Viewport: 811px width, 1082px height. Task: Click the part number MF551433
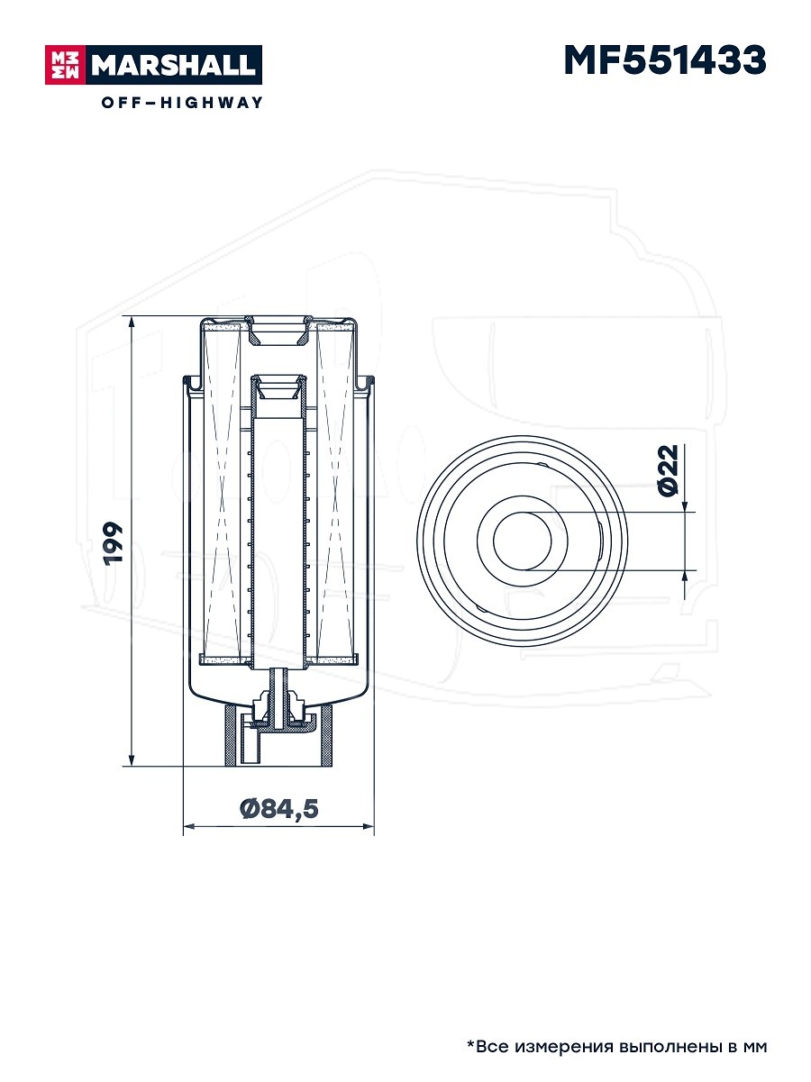[x=665, y=59]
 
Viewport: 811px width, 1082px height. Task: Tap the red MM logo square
[x=66, y=65]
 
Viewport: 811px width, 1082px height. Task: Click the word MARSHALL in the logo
[x=174, y=65]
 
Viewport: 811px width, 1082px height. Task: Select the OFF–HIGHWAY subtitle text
[x=182, y=102]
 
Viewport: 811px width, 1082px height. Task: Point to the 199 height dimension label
[x=113, y=543]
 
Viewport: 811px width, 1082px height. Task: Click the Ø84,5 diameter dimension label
[x=279, y=809]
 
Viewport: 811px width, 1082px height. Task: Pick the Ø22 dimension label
[x=669, y=469]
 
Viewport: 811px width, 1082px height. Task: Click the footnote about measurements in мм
[x=616, y=1046]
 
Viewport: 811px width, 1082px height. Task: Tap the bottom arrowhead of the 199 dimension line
[x=132, y=759]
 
